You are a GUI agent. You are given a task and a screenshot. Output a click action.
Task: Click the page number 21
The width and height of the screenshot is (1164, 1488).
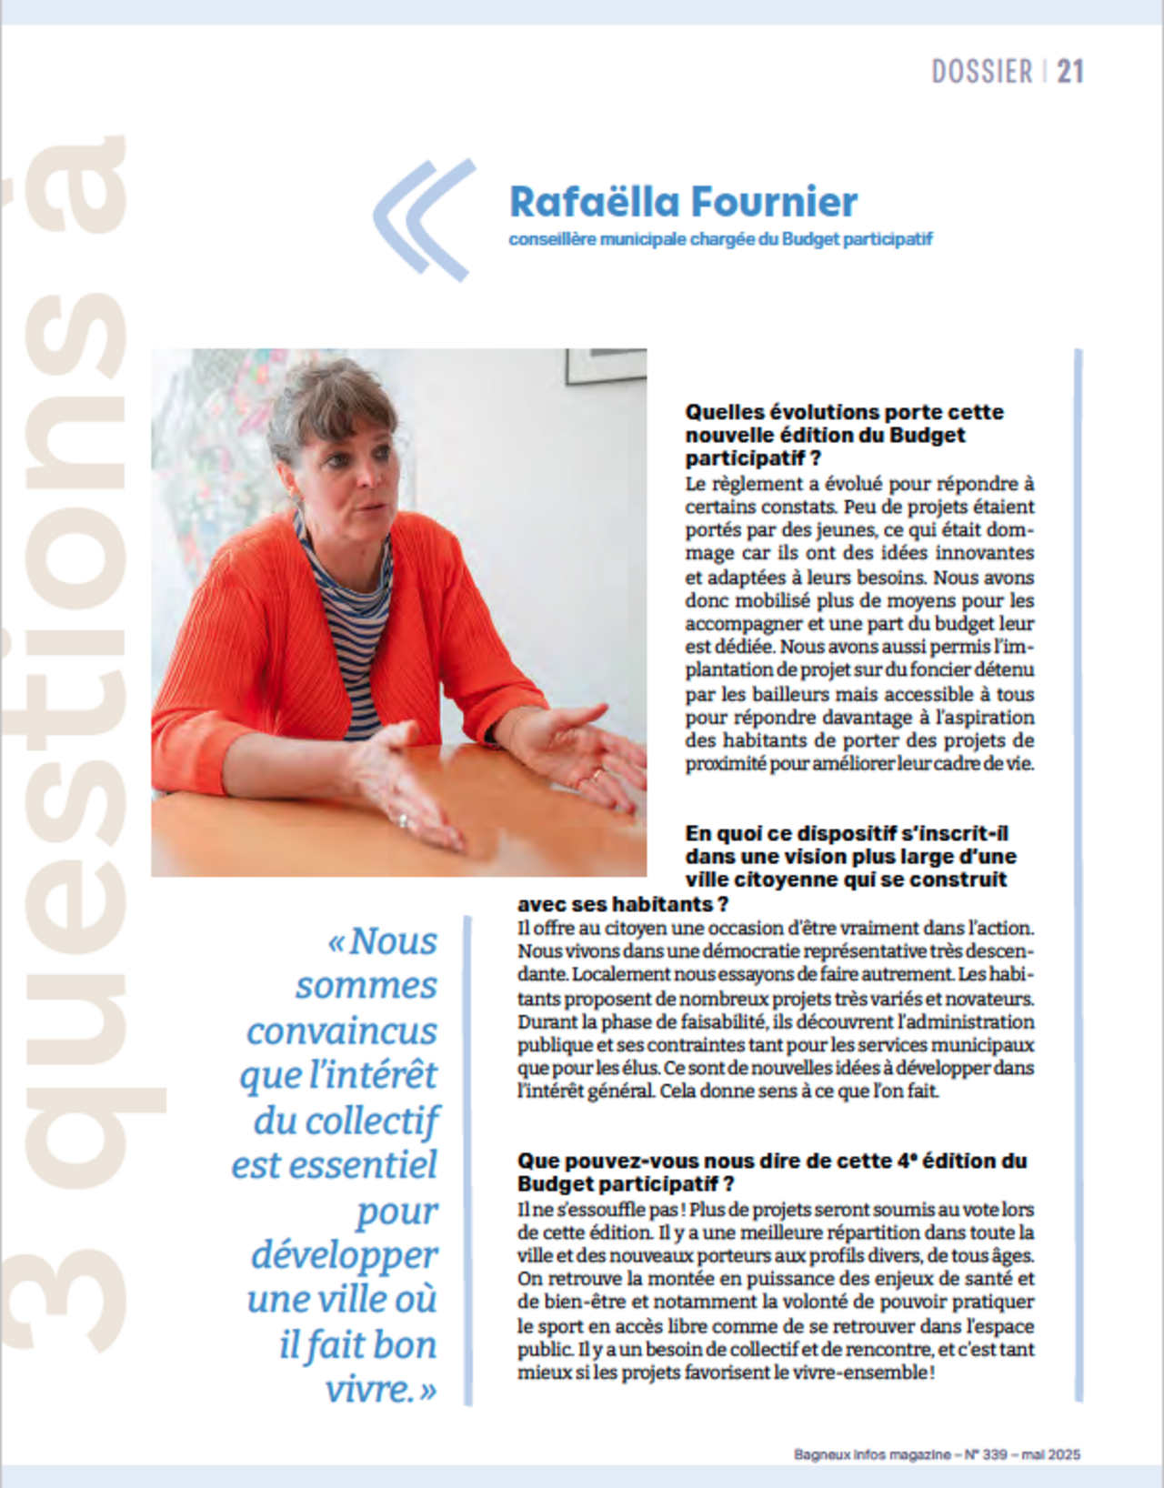[1069, 71]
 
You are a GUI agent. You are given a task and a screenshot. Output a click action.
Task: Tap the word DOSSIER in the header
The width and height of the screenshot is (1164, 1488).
[982, 71]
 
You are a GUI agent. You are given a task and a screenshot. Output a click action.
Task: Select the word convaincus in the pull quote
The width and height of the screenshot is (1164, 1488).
[342, 1031]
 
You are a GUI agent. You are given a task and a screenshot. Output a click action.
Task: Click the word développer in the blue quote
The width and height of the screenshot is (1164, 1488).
[344, 1255]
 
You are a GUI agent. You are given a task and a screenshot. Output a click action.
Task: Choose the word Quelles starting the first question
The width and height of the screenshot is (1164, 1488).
[724, 412]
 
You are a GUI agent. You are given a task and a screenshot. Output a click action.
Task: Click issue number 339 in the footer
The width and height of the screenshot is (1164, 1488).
[994, 1454]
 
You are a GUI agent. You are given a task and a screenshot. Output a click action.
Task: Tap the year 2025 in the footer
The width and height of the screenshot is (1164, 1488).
[1063, 1454]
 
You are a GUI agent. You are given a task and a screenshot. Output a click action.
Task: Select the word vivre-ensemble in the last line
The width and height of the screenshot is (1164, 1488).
[859, 1372]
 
